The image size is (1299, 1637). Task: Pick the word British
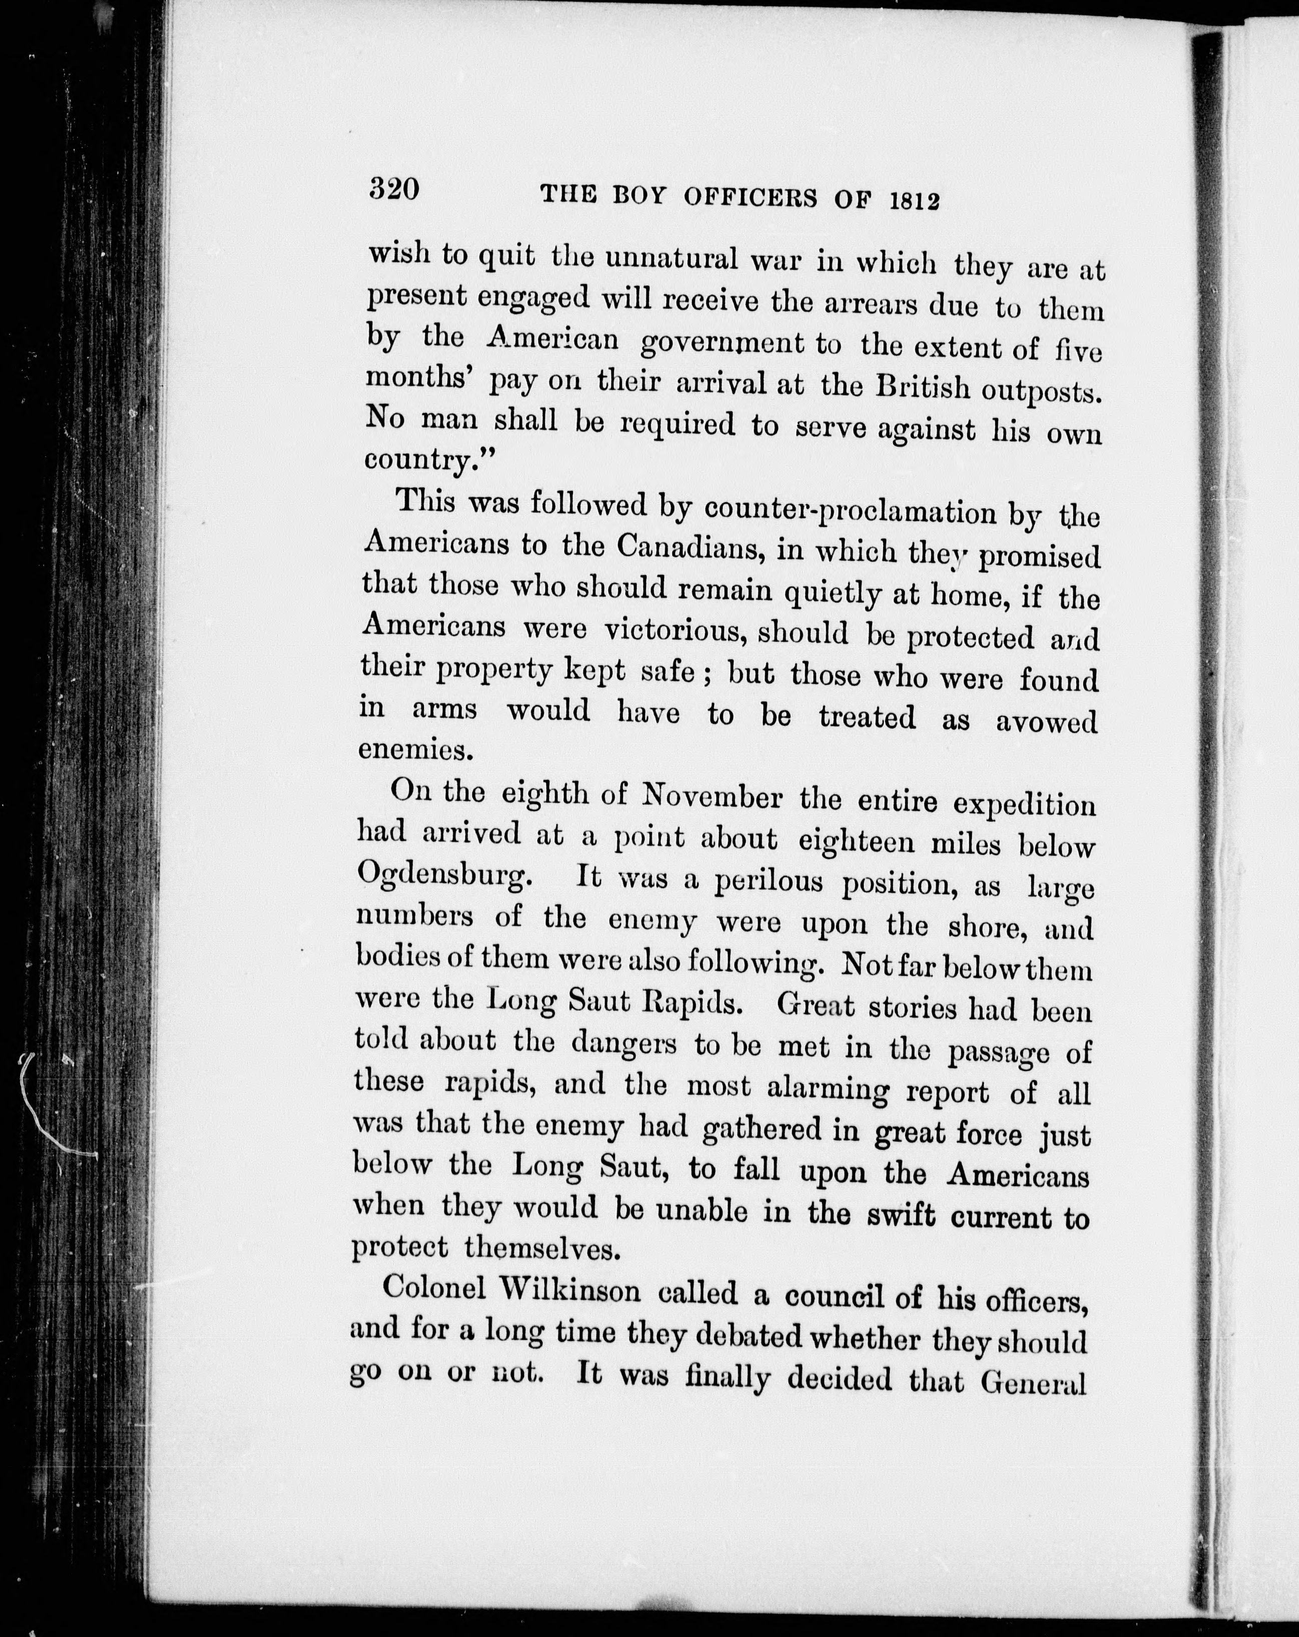tap(922, 388)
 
